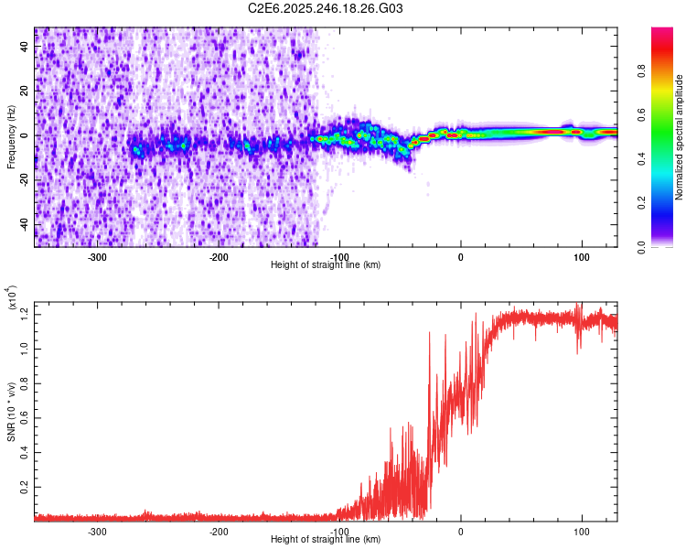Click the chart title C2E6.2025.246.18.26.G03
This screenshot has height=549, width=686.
[326, 8]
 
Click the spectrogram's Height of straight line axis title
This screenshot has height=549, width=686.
[326, 265]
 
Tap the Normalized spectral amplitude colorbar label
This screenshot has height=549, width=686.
[680, 137]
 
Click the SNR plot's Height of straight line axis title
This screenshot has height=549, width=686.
[326, 540]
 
